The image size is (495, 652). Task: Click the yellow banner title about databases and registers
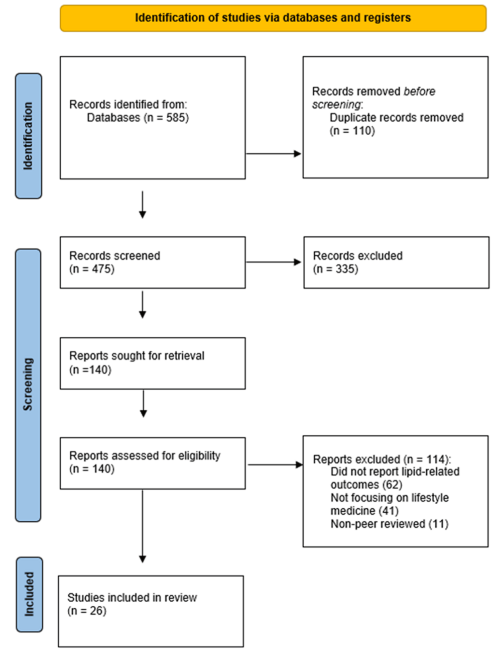click(273, 18)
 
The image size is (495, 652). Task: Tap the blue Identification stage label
click(29, 136)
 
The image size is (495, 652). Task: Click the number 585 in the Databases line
click(175, 118)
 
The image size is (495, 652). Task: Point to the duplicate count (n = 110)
click(352, 131)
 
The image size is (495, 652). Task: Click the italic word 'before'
click(419, 91)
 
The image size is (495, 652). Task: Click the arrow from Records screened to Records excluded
click(274, 262)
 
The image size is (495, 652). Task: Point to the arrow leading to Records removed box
click(274, 153)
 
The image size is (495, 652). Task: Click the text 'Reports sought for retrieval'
click(137, 355)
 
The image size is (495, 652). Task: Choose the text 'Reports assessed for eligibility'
click(145, 456)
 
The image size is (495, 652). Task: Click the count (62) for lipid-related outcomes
click(393, 485)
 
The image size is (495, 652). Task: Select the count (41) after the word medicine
click(389, 511)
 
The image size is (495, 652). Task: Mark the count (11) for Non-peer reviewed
click(438, 524)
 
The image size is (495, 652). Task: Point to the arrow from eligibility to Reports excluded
click(275, 464)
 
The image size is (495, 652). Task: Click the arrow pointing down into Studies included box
click(143, 526)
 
